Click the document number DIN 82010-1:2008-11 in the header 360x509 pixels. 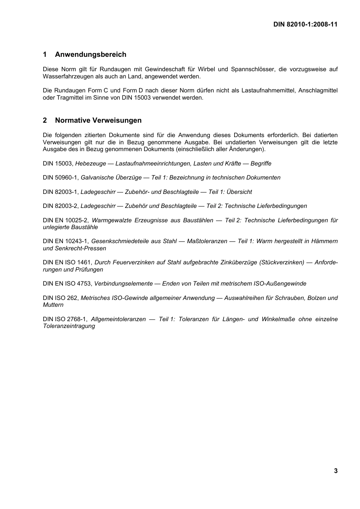click(x=305, y=24)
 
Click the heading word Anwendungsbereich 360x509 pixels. click(x=91, y=55)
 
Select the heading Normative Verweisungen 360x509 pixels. click(x=98, y=120)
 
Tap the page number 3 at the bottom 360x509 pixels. click(x=336, y=471)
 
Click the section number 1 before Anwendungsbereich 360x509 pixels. click(x=45, y=55)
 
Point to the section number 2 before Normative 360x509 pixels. click(x=45, y=120)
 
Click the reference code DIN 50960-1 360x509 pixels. click(x=61, y=178)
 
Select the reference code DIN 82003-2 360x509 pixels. click(x=61, y=206)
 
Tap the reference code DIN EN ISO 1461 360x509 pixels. click(x=67, y=262)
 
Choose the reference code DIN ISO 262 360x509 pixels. click(x=61, y=298)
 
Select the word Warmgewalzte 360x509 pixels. click(x=111, y=220)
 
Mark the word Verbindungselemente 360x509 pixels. click(x=123, y=284)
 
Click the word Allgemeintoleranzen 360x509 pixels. click(x=118, y=319)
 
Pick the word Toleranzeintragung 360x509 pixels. click(x=69, y=326)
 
